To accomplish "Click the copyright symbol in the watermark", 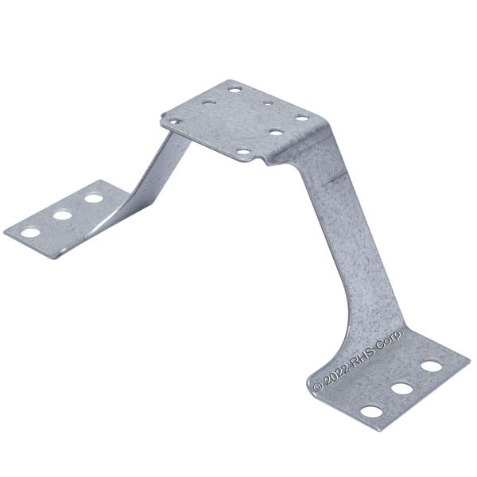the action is (318, 386).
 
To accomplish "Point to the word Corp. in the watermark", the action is (390, 339).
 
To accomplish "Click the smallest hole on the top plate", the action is (268, 103).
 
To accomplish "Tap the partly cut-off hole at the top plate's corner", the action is (175, 122).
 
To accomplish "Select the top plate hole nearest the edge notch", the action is (243, 151).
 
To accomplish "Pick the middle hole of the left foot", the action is (62, 215).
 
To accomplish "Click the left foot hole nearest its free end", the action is (30, 233).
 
